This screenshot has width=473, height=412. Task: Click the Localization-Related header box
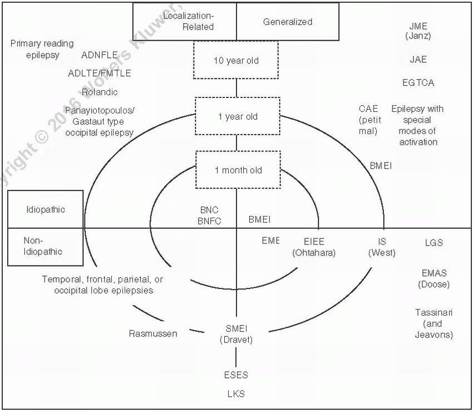pos(184,22)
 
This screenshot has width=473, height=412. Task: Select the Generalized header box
pos(288,22)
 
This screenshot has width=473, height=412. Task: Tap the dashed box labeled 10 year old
pos(237,61)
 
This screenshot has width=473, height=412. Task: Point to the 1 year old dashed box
pos(237,117)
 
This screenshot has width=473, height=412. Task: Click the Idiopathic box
pos(46,210)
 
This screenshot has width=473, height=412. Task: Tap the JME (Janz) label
pos(418,31)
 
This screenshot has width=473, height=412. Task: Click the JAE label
pos(418,59)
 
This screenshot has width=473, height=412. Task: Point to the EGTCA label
pos(418,82)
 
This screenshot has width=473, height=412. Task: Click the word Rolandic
pos(100,92)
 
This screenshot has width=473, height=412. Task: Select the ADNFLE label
pos(100,55)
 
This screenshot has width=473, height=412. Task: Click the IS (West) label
pos(382,247)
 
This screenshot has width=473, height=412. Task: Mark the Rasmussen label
pos(153,333)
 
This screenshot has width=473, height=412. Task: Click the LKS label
pos(236,393)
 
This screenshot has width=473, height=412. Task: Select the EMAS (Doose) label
pos(434,278)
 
